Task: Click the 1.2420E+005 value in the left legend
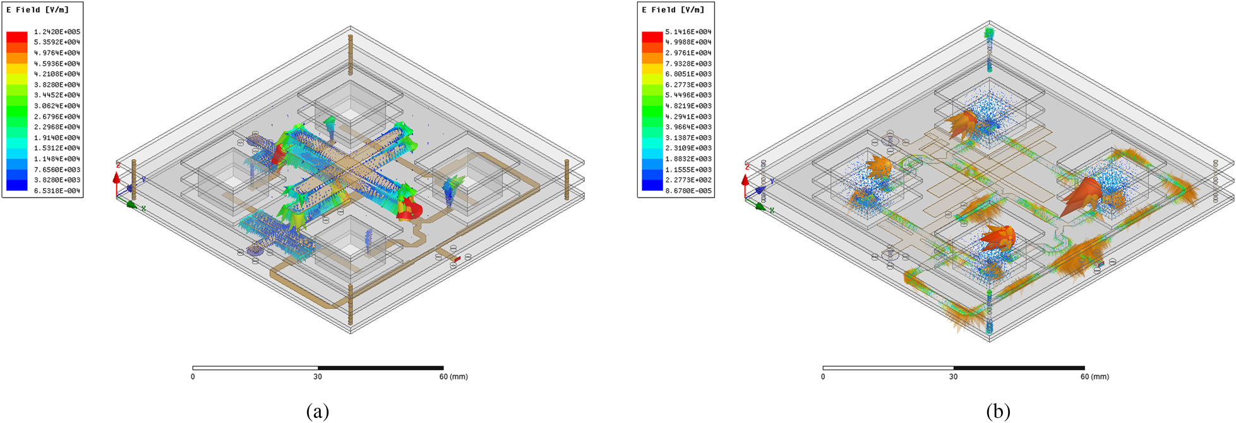pyautogui.click(x=57, y=32)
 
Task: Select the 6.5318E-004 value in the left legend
pyautogui.click(x=57, y=191)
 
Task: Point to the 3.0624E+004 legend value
pyautogui.click(x=57, y=106)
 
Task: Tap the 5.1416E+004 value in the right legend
pyautogui.click(x=688, y=32)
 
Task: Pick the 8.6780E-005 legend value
pyautogui.click(x=688, y=191)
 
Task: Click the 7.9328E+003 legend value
pyautogui.click(x=688, y=64)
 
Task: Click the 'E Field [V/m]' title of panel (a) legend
pyautogui.click(x=37, y=10)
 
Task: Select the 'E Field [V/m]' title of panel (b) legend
pyautogui.click(x=673, y=10)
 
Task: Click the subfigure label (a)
pyautogui.click(x=318, y=412)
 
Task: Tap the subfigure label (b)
pyautogui.click(x=998, y=412)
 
